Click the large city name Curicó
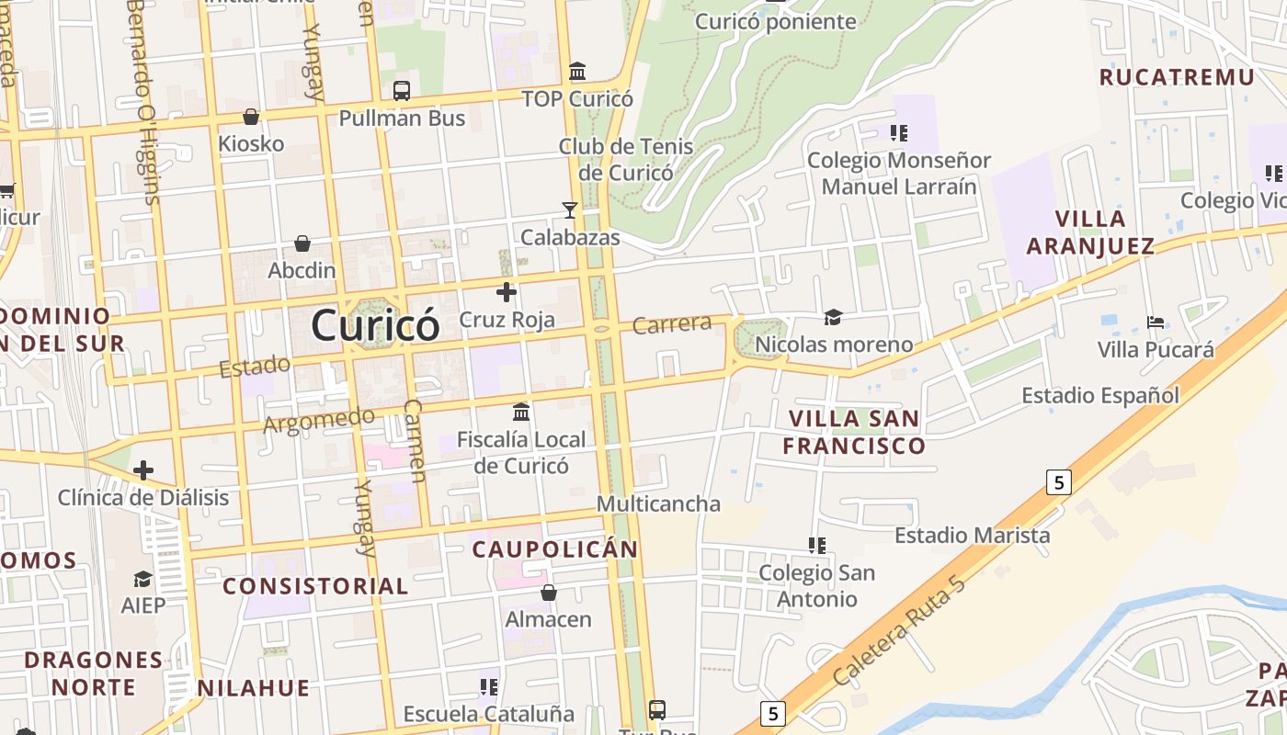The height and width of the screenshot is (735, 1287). pyautogui.click(x=375, y=324)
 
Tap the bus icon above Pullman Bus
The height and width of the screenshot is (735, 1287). pyautogui.click(x=402, y=91)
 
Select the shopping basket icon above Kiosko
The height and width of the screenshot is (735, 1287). pyautogui.click(x=251, y=117)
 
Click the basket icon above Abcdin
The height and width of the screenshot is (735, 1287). pyautogui.click(x=302, y=243)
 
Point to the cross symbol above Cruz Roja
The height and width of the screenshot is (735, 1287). pyautogui.click(x=506, y=293)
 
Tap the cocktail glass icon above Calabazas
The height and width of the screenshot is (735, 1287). pyautogui.click(x=570, y=210)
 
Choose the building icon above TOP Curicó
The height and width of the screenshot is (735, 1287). pyautogui.click(x=577, y=71)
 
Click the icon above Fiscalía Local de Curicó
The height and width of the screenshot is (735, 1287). pyautogui.click(x=521, y=412)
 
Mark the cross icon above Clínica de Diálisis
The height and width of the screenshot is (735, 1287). pyautogui.click(x=143, y=471)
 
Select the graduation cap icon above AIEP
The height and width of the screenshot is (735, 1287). pyautogui.click(x=143, y=579)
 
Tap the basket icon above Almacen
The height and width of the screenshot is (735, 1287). pyautogui.click(x=549, y=593)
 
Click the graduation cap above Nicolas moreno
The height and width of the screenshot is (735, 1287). pyautogui.click(x=833, y=317)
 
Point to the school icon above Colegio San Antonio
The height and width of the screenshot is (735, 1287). pyautogui.click(x=816, y=546)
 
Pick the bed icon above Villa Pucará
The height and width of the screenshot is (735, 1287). pyautogui.click(x=1156, y=322)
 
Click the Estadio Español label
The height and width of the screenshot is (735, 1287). pyautogui.click(x=1100, y=396)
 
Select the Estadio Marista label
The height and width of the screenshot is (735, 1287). pyautogui.click(x=972, y=535)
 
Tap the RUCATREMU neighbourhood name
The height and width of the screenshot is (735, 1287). pyautogui.click(x=1177, y=77)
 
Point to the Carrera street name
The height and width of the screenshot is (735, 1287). pyautogui.click(x=672, y=323)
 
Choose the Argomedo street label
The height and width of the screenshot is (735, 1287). pyautogui.click(x=318, y=421)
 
